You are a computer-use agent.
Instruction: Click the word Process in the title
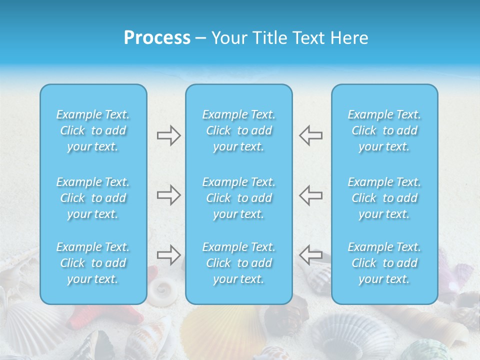pos(157,38)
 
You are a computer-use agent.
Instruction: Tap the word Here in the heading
pos(350,38)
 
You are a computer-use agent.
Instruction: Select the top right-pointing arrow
pos(168,135)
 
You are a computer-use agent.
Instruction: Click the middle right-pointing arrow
pos(168,195)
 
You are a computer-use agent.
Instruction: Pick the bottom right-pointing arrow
pos(168,255)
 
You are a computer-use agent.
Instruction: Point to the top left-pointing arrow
pos(311,135)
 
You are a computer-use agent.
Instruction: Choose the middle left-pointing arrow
pos(311,195)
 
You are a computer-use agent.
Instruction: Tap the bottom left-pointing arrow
pos(311,255)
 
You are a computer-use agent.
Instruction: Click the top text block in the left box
pos(93,130)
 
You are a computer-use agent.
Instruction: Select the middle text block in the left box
pos(93,198)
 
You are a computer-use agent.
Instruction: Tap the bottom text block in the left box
pos(93,263)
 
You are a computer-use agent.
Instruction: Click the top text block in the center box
pos(239,130)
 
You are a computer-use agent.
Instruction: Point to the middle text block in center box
pos(239,198)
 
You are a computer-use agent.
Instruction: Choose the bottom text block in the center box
pos(239,263)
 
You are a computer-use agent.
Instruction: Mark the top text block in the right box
pos(384,130)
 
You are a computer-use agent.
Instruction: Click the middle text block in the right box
pos(384,198)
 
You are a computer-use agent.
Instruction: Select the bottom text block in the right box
pos(384,263)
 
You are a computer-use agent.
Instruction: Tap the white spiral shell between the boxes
pos(161,288)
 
